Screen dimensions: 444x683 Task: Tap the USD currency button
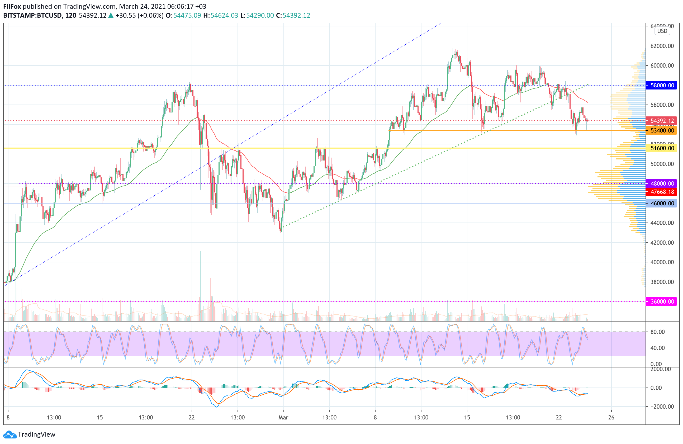tap(662, 31)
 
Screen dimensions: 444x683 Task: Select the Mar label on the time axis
tap(283, 417)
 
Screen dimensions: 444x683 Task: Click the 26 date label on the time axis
tap(611, 417)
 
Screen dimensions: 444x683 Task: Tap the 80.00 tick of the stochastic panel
tap(657, 332)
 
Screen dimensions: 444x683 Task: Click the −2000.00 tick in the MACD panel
tap(660, 407)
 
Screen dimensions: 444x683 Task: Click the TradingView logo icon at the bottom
tap(10, 434)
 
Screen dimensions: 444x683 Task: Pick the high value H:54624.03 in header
tap(221, 16)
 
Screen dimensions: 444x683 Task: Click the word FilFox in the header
tap(12, 6)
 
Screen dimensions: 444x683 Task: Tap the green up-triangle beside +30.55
tap(111, 16)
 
